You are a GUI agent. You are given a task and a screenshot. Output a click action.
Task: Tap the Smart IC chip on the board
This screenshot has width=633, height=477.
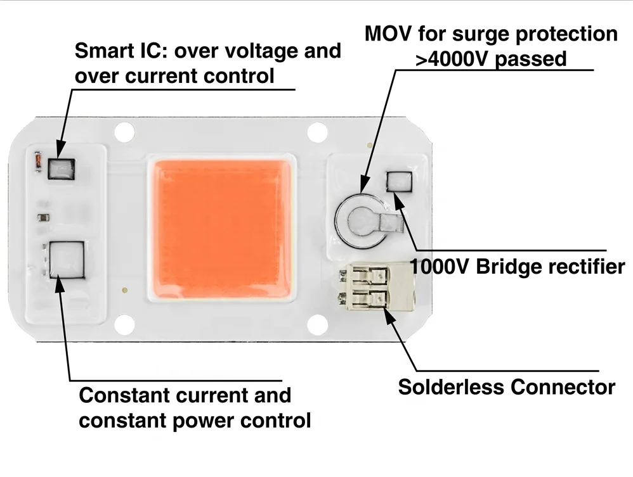coord(62,169)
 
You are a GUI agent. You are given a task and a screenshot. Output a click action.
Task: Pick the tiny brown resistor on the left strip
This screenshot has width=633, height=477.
coord(42,217)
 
